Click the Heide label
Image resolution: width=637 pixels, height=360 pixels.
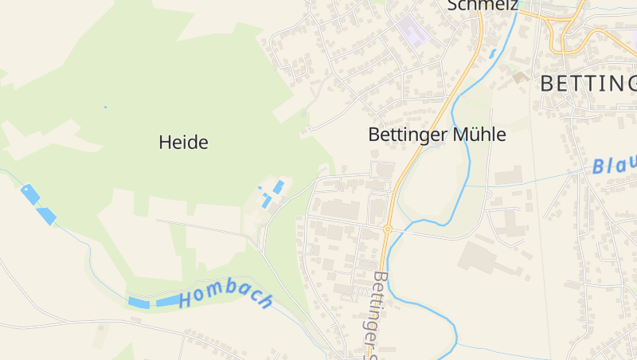click(x=183, y=143)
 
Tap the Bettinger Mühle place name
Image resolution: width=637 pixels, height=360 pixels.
click(x=436, y=135)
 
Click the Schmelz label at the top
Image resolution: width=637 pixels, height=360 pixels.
click(x=483, y=6)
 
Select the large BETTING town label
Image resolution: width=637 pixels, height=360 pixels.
click(x=588, y=83)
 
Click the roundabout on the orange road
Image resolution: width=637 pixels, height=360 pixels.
click(x=387, y=229)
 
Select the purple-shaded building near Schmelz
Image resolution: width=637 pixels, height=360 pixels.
click(x=412, y=31)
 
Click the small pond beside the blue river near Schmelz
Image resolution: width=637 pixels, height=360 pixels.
click(x=492, y=54)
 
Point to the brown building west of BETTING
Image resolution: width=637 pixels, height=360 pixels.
click(x=520, y=77)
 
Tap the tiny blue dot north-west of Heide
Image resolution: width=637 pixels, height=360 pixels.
click(x=104, y=107)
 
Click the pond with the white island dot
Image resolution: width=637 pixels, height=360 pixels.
click(x=29, y=194)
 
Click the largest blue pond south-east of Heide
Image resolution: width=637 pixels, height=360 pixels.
click(x=279, y=186)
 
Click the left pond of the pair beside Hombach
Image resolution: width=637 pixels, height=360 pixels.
click(x=139, y=303)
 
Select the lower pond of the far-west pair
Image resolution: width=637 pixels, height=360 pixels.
click(x=46, y=215)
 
